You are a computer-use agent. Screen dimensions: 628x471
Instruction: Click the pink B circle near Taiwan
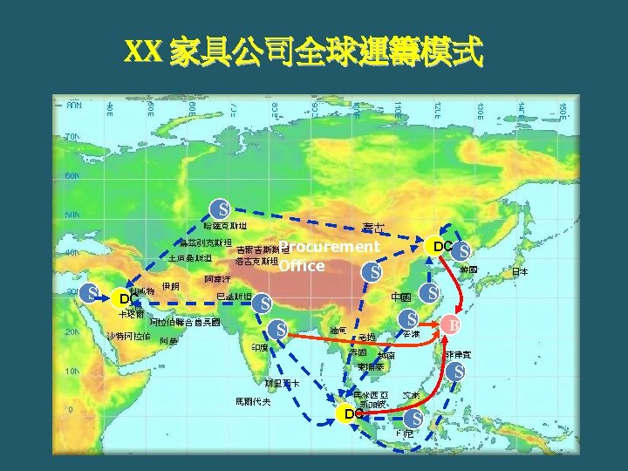451,324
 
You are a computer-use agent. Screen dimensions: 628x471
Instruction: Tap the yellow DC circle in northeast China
443,247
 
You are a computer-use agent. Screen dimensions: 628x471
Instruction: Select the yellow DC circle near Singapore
352,413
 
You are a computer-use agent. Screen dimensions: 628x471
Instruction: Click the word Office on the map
302,265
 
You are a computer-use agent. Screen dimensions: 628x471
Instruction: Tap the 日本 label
519,272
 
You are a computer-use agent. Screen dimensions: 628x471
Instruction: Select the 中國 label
401,297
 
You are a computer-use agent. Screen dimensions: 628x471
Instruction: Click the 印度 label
259,347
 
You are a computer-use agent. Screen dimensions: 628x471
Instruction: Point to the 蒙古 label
374,229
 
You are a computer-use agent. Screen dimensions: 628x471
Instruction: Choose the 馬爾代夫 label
253,402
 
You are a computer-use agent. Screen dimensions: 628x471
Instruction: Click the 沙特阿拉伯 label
128,336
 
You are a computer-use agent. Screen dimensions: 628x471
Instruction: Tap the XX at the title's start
144,53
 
